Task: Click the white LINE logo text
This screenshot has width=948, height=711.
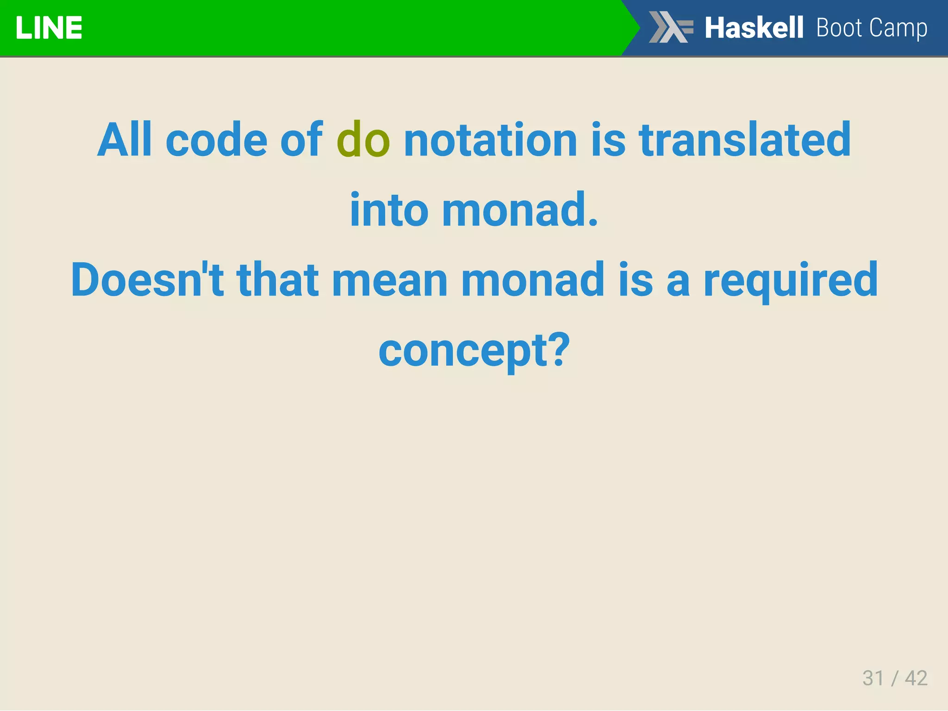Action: (x=49, y=28)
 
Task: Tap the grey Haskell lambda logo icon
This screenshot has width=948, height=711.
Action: (x=671, y=27)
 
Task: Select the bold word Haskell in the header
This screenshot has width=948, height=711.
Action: (x=754, y=28)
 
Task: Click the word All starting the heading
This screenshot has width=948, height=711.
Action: (x=125, y=140)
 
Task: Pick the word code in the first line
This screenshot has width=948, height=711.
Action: (x=216, y=140)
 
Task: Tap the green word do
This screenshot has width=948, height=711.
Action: (x=363, y=140)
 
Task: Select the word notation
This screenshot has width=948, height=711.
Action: (x=490, y=140)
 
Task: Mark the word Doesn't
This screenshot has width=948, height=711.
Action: (x=147, y=280)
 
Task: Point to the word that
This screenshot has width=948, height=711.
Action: (x=277, y=280)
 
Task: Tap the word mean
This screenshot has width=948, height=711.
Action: (x=390, y=280)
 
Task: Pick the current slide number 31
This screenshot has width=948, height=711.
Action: (x=873, y=678)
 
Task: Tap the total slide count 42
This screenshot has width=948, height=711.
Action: (x=916, y=678)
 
